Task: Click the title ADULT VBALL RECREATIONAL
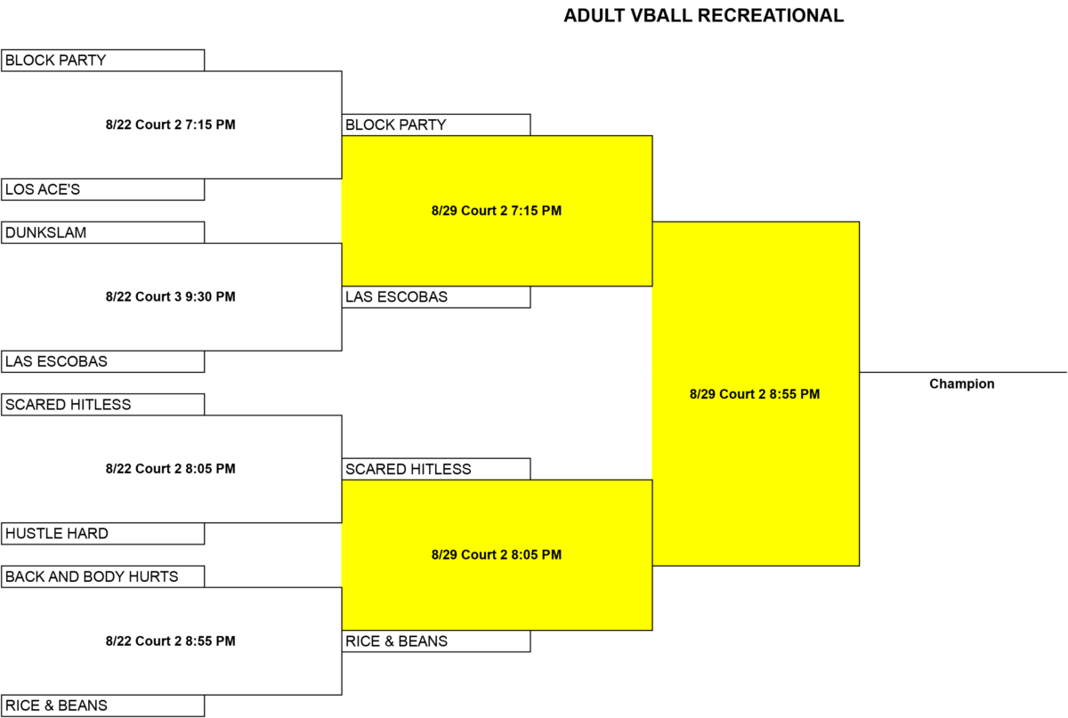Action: point(704,16)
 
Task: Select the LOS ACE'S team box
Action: point(103,190)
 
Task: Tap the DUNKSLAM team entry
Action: point(103,232)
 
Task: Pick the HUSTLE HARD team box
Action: point(103,534)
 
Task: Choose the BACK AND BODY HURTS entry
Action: point(103,577)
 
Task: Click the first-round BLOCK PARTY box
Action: point(103,61)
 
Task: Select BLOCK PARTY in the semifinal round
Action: point(436,125)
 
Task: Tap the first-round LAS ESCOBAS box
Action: point(103,361)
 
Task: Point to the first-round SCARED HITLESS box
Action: point(103,405)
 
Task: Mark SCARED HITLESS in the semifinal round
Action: point(436,469)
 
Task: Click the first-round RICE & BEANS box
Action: point(103,706)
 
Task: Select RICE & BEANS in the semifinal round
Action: point(436,641)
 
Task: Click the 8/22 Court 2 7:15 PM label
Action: point(171,125)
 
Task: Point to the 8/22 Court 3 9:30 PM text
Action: point(171,297)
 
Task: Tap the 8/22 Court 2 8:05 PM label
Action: point(171,469)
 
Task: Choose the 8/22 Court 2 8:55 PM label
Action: point(171,641)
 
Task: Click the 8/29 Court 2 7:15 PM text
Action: point(497,211)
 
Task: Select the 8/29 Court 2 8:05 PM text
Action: point(497,555)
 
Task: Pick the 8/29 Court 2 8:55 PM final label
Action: point(755,394)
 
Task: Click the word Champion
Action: point(962,384)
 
